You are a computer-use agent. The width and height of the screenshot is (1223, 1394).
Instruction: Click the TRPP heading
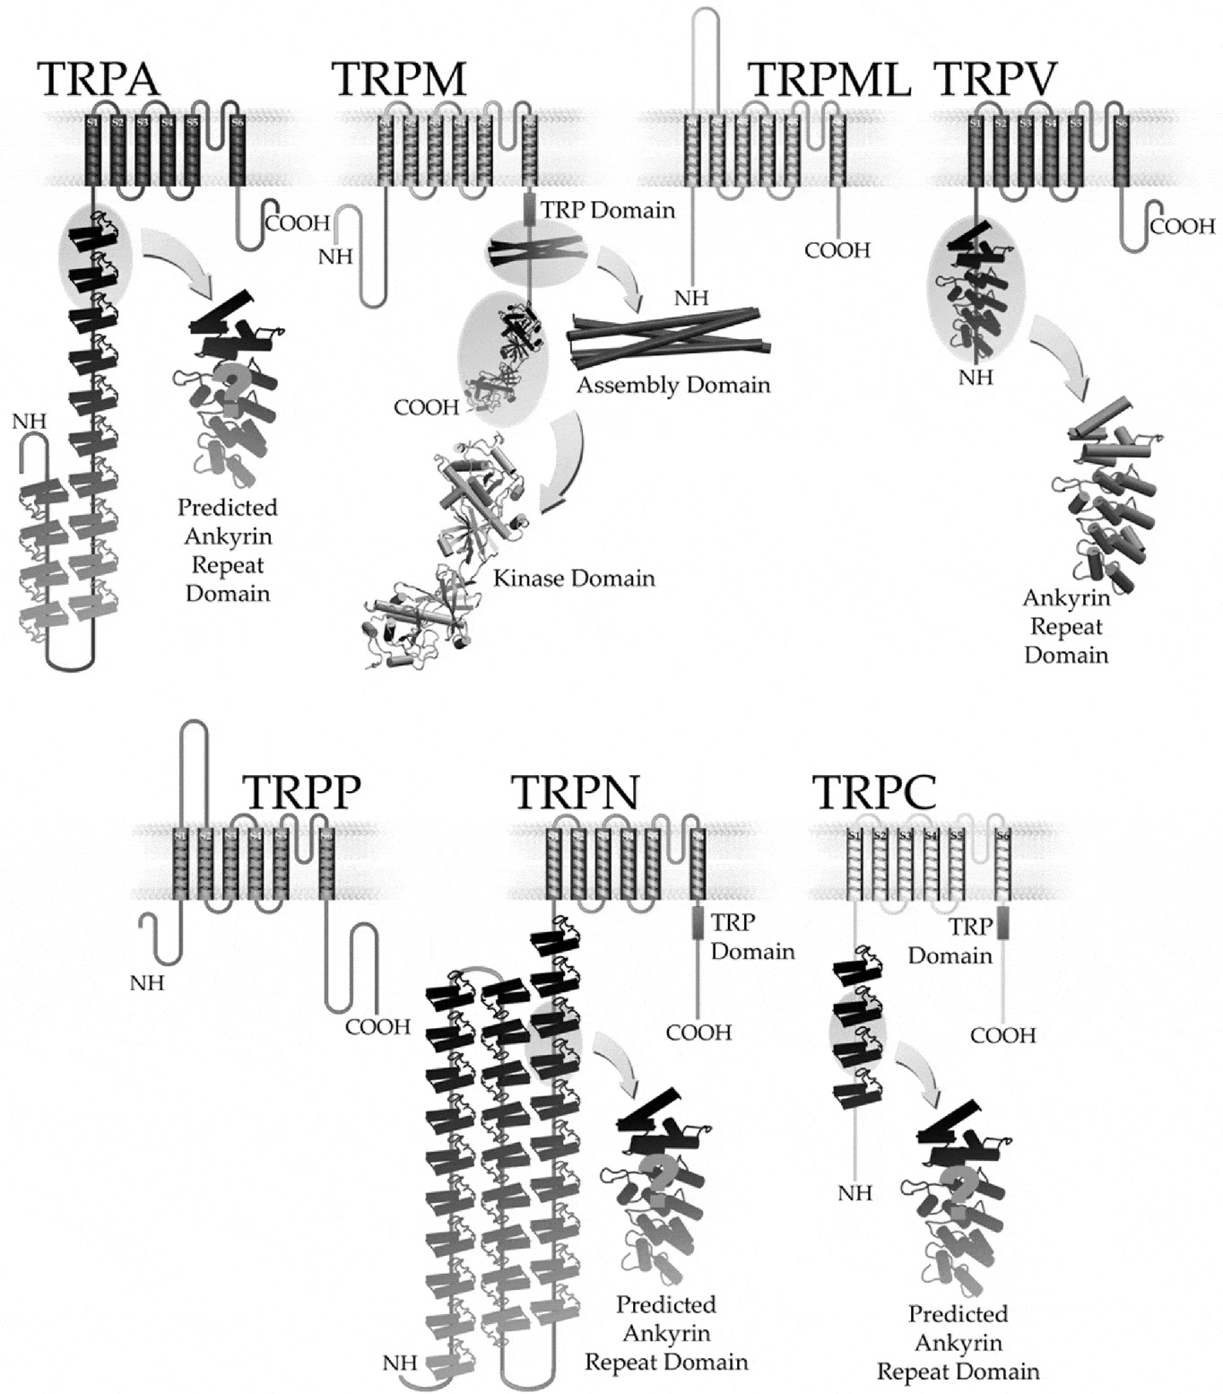pyautogui.click(x=301, y=791)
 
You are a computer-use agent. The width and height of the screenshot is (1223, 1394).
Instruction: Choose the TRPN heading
pyautogui.click(x=575, y=791)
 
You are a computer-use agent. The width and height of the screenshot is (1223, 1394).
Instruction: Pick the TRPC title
pyautogui.click(x=874, y=791)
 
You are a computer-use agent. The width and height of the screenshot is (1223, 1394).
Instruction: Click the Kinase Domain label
pyautogui.click(x=574, y=578)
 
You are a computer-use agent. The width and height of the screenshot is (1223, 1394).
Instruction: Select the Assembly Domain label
pyautogui.click(x=672, y=385)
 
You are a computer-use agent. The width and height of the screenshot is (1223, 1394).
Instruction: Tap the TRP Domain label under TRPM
pyautogui.click(x=607, y=210)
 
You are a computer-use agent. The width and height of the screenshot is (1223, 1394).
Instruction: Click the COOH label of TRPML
pyautogui.click(x=837, y=250)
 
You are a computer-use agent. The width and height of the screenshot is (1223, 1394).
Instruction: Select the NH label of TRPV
pyautogui.click(x=976, y=378)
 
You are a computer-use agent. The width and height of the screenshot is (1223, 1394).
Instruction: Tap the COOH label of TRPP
pyautogui.click(x=377, y=1026)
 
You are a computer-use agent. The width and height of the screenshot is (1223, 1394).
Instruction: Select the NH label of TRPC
pyautogui.click(x=854, y=1193)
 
